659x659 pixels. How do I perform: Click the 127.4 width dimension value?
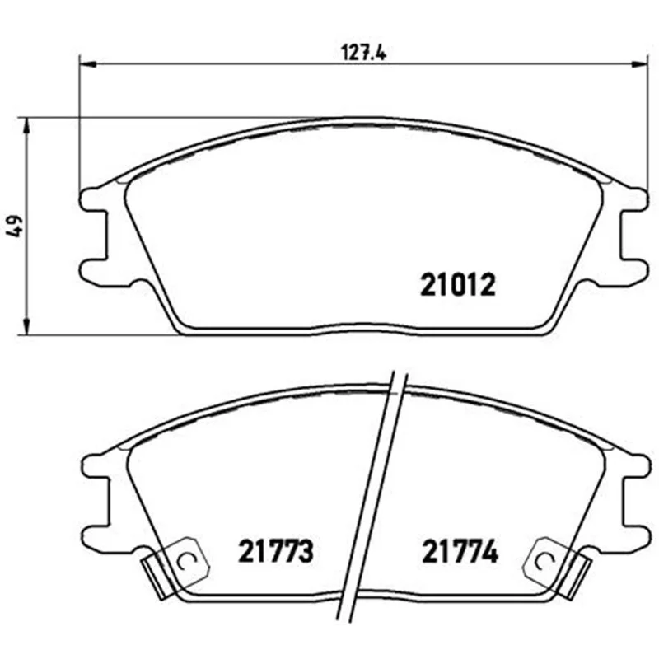coord(363,54)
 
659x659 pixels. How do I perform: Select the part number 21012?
coord(458,284)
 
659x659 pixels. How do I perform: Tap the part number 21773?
coord(276,551)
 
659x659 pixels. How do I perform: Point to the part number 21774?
coord(460,551)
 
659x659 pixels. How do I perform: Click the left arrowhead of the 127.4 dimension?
coord(88,64)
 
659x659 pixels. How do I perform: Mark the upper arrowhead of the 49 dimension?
coord(27,126)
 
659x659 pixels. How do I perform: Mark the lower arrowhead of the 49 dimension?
coord(27,326)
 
